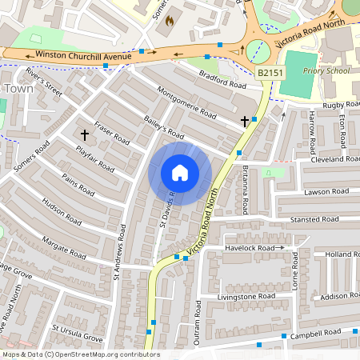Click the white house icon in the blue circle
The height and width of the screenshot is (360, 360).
click(180, 173)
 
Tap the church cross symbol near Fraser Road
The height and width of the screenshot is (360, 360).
click(84, 135)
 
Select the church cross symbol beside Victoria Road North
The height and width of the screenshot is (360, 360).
click(245, 121)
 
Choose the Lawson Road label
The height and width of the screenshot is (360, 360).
click(326, 192)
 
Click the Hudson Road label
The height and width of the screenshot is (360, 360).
click(63, 210)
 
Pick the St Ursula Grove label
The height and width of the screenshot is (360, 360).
click(78, 334)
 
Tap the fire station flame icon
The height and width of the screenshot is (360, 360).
click(168, 22)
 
